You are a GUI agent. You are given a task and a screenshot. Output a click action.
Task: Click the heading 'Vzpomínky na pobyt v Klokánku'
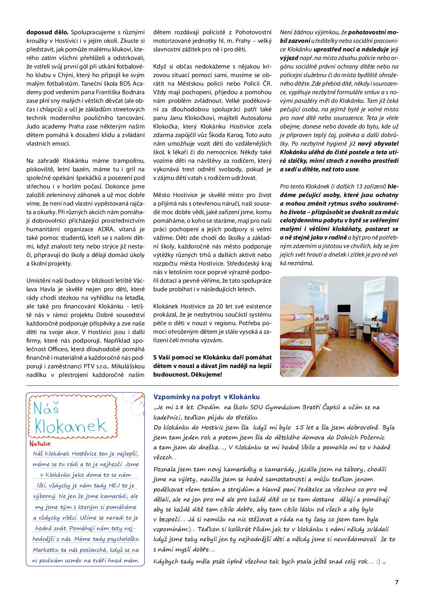pos(206,397)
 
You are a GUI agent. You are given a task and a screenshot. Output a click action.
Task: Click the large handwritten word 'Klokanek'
pos(71,426)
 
